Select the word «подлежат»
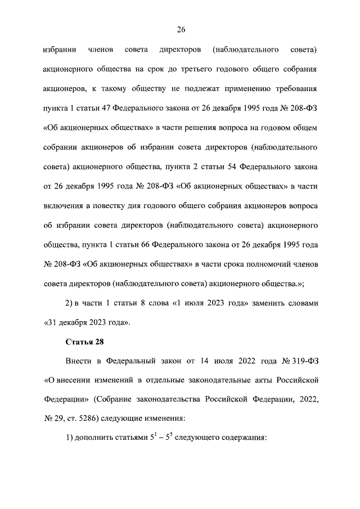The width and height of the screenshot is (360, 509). pos(212,89)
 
